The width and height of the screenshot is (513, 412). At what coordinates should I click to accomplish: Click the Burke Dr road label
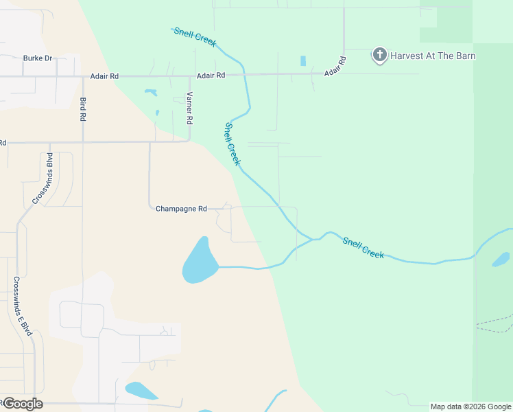tap(38, 58)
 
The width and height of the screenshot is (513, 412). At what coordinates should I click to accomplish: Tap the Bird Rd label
tap(83, 109)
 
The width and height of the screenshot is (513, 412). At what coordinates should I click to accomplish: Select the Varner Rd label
tap(189, 108)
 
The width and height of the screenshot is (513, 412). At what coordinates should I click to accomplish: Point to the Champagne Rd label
tap(181, 209)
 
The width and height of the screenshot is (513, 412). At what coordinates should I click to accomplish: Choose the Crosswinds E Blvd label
tap(23, 306)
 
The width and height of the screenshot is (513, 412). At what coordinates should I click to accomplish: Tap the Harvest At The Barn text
tap(433, 56)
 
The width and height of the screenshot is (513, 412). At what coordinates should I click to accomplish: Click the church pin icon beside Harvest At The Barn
tap(380, 55)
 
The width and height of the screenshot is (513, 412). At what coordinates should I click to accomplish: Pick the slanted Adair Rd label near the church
tap(335, 65)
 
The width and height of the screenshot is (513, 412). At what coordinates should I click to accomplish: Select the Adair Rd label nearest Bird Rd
tap(105, 76)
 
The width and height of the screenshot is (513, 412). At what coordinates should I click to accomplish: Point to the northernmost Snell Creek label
tap(195, 36)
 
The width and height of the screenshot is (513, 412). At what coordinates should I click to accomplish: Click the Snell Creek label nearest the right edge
tap(363, 247)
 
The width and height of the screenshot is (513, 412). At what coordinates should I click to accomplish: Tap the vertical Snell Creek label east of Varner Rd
tap(232, 144)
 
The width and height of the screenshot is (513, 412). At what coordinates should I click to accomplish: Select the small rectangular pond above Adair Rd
tap(302, 61)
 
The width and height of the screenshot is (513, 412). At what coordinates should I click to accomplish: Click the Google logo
tap(23, 404)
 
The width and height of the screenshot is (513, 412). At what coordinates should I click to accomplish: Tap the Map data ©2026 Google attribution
tap(470, 407)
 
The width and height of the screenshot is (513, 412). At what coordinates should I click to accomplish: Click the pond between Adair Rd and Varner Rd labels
tap(150, 91)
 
